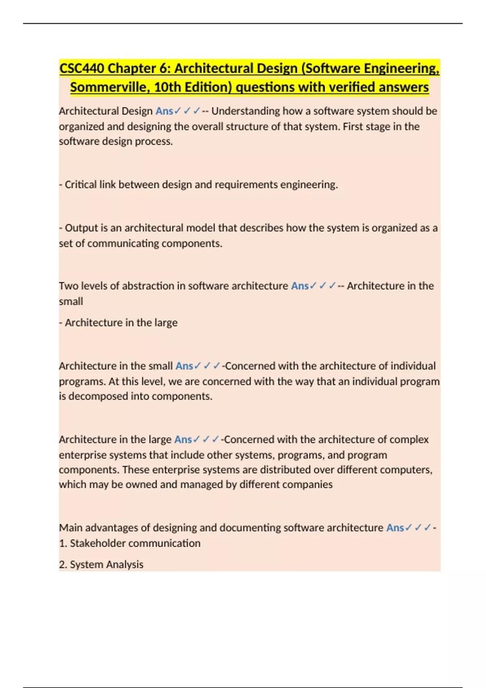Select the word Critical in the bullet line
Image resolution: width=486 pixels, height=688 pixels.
(81, 185)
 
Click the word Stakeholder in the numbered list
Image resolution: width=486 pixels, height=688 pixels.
(98, 543)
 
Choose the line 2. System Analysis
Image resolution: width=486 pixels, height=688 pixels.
(101, 564)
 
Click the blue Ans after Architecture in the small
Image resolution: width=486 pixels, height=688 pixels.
(184, 366)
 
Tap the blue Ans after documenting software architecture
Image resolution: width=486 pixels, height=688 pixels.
(395, 528)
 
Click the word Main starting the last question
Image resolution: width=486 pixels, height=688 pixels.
(70, 528)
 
